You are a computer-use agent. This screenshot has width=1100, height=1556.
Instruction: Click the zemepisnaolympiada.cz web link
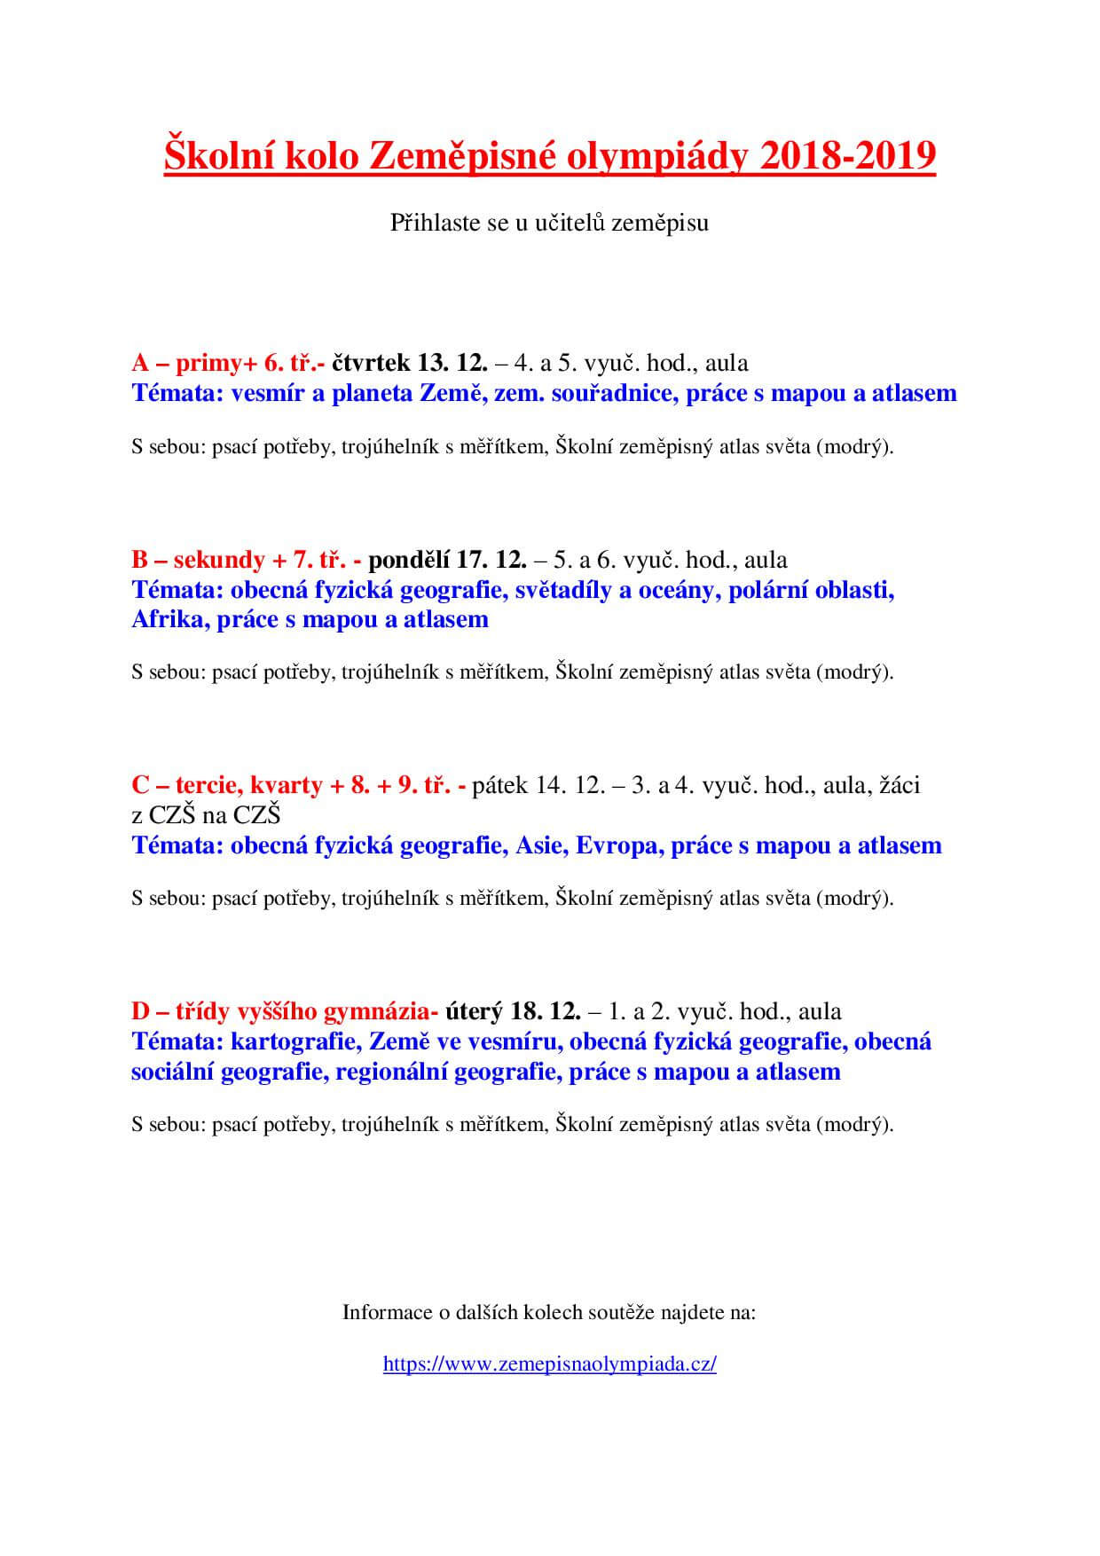tap(549, 1363)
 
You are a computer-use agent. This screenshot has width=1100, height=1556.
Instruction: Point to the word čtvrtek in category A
tap(370, 363)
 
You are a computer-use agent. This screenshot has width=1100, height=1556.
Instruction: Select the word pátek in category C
tap(500, 785)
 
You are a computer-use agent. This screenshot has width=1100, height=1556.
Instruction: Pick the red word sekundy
tap(219, 560)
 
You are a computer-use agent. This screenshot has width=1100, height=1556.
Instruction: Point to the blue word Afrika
tap(169, 619)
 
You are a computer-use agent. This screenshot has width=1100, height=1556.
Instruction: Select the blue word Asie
tap(540, 845)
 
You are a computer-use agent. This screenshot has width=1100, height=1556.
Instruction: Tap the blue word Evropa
tap(617, 845)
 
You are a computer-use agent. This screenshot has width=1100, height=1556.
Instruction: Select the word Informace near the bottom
tap(386, 1312)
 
